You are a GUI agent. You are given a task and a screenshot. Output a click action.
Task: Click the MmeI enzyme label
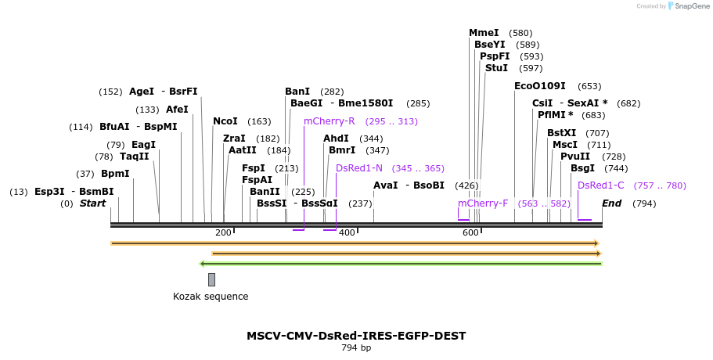(484, 33)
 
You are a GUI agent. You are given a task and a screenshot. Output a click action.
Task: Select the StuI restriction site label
(496, 68)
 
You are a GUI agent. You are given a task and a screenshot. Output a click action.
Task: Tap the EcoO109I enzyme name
(539, 86)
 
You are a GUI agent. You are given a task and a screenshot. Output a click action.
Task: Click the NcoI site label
(225, 121)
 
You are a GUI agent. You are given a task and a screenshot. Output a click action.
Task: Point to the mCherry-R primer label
(329, 121)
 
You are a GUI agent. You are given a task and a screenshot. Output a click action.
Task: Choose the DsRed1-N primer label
(359, 168)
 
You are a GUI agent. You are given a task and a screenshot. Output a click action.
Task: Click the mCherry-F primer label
(483, 203)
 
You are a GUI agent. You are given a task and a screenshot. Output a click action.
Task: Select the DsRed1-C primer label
(601, 185)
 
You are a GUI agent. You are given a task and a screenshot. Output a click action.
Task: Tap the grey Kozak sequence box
(211, 279)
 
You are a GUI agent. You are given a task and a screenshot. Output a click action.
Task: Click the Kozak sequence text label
(211, 297)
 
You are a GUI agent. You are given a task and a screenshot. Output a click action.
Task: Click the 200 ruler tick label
(223, 233)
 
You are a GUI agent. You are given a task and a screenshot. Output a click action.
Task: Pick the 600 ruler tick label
(470, 233)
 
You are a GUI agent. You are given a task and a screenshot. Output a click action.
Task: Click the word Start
(92, 203)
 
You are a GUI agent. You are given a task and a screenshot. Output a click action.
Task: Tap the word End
(612, 203)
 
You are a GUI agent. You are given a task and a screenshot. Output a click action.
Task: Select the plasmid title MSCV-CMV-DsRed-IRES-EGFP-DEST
(356, 336)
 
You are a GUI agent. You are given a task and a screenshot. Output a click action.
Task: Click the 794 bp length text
(356, 347)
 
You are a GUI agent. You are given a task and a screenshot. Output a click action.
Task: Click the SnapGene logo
(685, 6)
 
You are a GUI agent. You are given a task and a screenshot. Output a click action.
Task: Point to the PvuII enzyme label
(575, 157)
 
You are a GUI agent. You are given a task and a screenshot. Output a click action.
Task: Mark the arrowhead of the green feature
(203, 264)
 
